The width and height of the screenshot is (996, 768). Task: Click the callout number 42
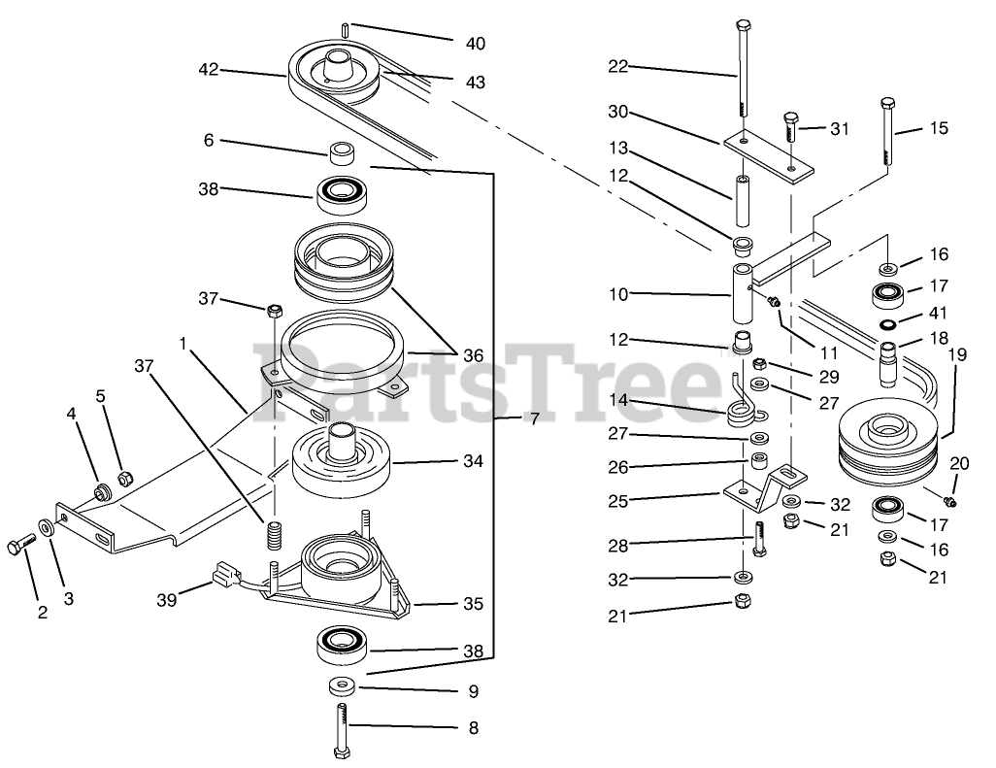(x=208, y=69)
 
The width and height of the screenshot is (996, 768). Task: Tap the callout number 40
(x=475, y=44)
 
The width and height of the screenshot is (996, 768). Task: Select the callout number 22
(x=618, y=66)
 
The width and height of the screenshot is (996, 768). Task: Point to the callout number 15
(x=939, y=128)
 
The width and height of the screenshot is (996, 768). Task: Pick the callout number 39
(x=167, y=600)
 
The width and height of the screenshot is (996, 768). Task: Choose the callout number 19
(x=957, y=355)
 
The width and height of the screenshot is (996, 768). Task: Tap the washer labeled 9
(x=341, y=687)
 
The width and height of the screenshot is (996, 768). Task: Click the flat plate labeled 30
(x=767, y=155)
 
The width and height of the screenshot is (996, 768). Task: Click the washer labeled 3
(x=46, y=529)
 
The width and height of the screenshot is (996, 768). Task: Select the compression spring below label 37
(x=274, y=533)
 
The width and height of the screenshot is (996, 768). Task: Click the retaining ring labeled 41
(x=887, y=324)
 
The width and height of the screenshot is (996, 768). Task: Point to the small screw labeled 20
(x=948, y=499)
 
